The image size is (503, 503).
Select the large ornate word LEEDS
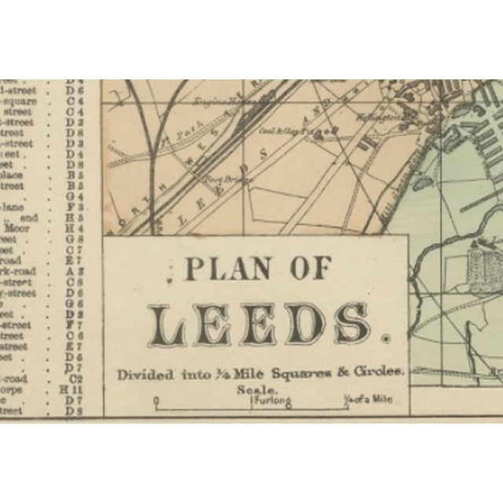(260, 322)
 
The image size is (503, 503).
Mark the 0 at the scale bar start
(156, 401)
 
